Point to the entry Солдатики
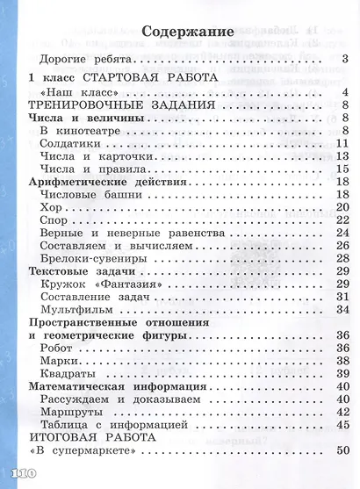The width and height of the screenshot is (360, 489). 73,143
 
